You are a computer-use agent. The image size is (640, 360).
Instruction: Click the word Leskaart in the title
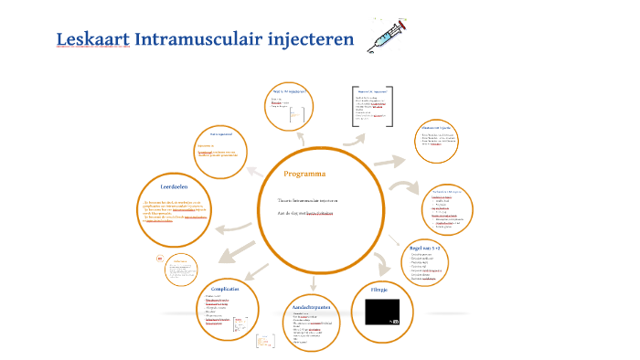92,41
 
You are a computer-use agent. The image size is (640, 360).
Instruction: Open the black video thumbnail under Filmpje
382,312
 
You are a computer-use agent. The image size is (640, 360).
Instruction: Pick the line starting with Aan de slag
305,212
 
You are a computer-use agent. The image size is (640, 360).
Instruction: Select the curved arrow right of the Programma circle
400,185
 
